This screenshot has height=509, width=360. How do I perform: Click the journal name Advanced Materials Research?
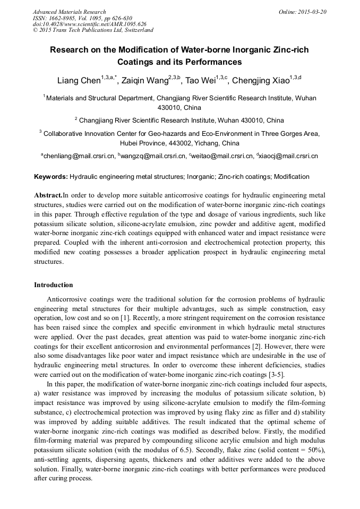69,12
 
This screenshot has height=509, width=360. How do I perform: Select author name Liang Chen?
79,81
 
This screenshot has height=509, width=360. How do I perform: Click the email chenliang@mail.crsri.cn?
79,156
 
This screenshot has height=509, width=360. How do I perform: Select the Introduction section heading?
54,285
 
